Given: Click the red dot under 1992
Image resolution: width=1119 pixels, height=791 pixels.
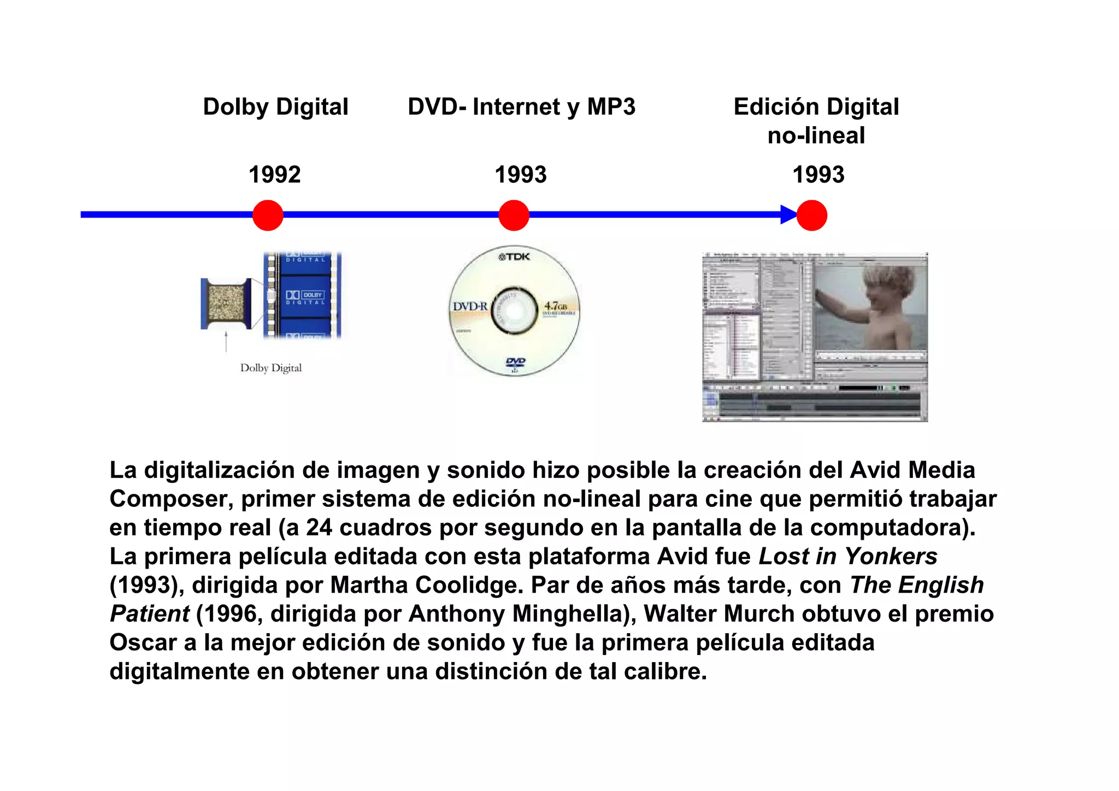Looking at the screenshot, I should (x=268, y=215).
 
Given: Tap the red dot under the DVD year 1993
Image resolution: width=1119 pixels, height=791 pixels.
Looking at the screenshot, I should (x=514, y=215).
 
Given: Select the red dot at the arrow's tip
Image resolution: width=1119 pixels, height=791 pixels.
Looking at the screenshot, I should (x=811, y=215).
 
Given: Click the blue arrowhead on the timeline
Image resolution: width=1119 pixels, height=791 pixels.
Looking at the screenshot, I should (x=788, y=215).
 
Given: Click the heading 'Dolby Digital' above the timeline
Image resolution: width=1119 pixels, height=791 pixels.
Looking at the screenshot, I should (x=275, y=107).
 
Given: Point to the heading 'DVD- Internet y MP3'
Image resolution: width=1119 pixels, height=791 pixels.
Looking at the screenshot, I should (x=521, y=107).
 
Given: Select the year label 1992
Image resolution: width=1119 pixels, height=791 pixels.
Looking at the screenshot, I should (x=274, y=175).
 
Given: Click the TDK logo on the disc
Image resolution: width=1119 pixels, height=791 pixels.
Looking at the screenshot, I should (x=514, y=257).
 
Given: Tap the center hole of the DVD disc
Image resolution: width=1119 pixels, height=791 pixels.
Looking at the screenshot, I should (x=514, y=310).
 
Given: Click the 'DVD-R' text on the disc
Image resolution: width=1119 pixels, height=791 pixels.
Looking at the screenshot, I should (x=469, y=306).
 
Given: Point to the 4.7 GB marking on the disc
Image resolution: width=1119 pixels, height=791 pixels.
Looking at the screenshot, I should (x=556, y=306).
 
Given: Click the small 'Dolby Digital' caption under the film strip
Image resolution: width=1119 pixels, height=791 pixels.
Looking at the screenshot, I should (x=271, y=368).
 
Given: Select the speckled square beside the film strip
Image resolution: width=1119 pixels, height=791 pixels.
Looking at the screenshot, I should (x=226, y=303).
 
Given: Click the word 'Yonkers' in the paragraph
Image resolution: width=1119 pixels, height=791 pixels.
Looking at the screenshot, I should (x=891, y=557).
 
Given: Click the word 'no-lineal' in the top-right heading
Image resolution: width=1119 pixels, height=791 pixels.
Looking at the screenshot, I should (x=816, y=136).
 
